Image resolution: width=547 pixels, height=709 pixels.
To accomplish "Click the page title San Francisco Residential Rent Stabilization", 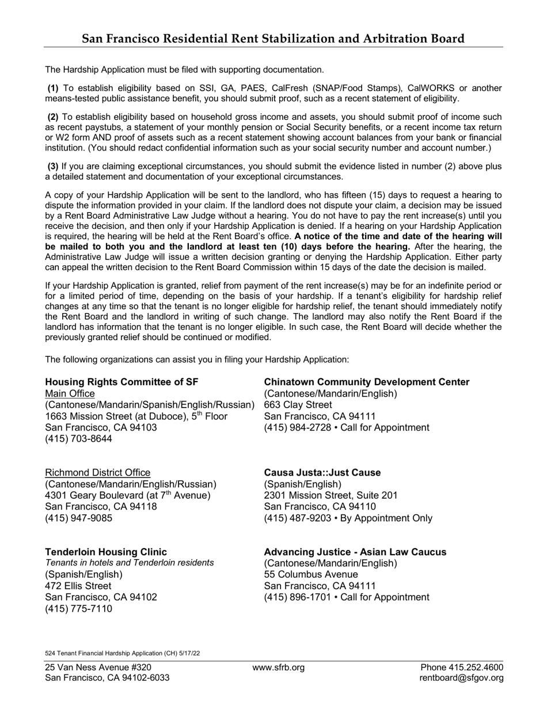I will (273, 39).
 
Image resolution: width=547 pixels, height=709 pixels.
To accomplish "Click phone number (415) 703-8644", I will (79, 439).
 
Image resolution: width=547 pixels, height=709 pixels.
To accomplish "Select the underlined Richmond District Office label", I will (97, 473).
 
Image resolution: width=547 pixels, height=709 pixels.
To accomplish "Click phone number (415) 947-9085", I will (79, 518).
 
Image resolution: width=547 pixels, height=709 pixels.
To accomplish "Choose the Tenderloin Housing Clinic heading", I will (106, 552).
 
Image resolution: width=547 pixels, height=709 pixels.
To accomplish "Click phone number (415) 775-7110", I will (79, 609).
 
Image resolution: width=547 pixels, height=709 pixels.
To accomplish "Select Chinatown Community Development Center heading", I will (366, 382).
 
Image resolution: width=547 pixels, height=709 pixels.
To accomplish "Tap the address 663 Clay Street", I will (298, 405).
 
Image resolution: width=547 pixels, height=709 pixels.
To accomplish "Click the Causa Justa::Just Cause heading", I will (322, 473).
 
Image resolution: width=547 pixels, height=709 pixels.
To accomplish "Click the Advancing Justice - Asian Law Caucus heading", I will (355, 552).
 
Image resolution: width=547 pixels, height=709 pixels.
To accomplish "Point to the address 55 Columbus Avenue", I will (311, 575).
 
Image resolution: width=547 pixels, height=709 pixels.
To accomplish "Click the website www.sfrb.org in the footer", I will (279, 667).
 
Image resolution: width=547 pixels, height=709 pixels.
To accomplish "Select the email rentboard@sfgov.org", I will (462, 678).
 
